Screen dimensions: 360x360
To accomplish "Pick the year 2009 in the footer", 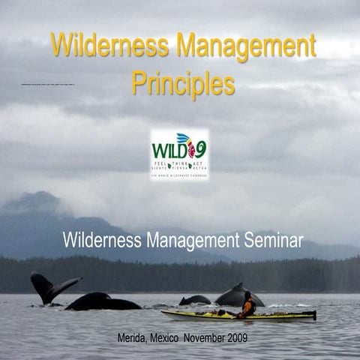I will coord(238,338).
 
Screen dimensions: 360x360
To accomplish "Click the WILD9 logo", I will coord(179,153).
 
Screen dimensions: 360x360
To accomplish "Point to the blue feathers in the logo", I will coord(185,138).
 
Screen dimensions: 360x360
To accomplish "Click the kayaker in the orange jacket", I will coord(247,305).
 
